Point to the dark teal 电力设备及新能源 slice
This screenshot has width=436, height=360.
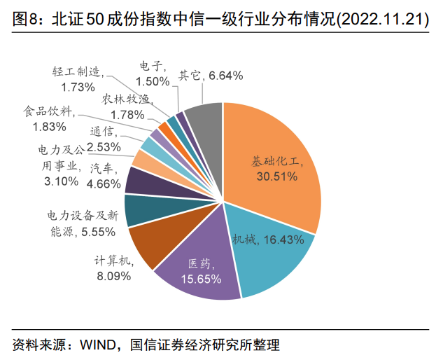click(x=144, y=212)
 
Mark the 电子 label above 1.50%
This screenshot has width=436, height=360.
click(x=151, y=67)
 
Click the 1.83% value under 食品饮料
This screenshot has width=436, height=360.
click(x=50, y=127)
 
